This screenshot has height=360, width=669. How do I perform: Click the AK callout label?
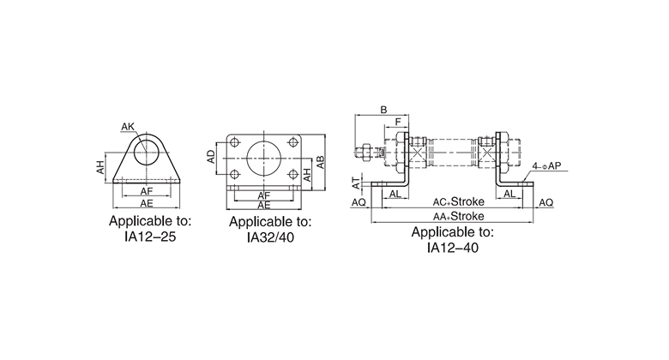point(128,127)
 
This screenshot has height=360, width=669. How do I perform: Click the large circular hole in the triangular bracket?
point(147,153)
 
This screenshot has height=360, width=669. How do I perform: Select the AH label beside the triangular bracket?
point(99,167)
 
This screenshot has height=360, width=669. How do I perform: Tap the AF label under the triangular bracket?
point(147,191)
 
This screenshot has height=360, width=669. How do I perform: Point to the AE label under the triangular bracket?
point(147,203)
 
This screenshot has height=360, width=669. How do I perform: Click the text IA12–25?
point(150,237)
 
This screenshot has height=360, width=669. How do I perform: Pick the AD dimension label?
point(211,156)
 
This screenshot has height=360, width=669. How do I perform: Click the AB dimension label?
point(320,163)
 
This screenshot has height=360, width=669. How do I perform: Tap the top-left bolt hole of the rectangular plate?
point(234,142)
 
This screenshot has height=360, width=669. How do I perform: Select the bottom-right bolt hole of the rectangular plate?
point(292,174)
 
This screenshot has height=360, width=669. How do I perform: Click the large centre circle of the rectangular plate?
point(263,158)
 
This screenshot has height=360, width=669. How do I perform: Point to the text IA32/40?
point(270,237)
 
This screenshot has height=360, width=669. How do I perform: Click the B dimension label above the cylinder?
point(383,110)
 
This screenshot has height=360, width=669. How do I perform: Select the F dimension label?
point(398,122)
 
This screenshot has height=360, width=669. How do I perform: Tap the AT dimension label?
point(356,183)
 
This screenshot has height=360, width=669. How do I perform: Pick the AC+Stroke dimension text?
point(459,201)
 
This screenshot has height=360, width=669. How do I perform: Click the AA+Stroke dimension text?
point(459,216)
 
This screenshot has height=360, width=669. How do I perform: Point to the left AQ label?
point(359,202)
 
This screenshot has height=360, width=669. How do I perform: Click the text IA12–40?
point(453,248)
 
